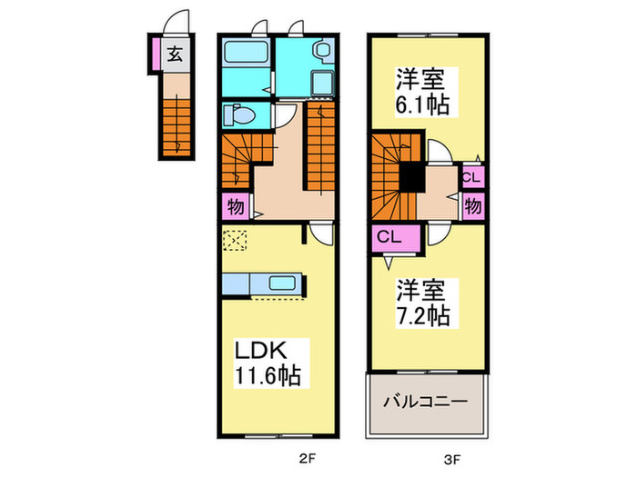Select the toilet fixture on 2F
[240, 116]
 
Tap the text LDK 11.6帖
[265, 362]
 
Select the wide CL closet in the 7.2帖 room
[395, 238]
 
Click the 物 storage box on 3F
[473, 204]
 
